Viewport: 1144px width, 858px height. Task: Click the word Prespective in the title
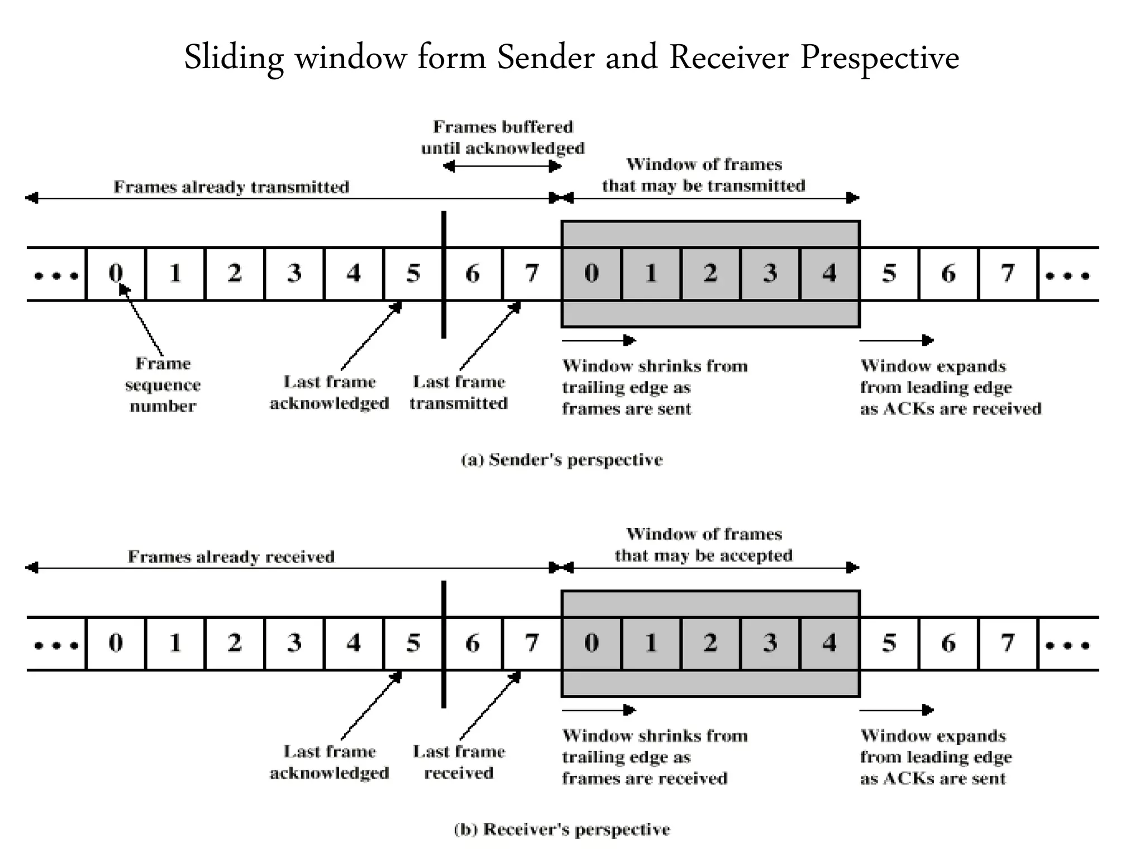pyautogui.click(x=879, y=58)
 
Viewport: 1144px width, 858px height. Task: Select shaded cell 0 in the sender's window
pyautogui.click(x=592, y=274)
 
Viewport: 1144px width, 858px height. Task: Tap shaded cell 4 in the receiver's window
pyautogui.click(x=830, y=643)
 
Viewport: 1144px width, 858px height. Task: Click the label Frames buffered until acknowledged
pyautogui.click(x=503, y=137)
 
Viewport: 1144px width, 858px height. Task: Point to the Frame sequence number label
pyautogui.click(x=163, y=385)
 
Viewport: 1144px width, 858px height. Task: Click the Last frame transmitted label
pyautogui.click(x=459, y=393)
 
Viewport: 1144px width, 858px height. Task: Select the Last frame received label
pyautogui.click(x=459, y=762)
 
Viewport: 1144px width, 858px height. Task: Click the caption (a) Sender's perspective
pyautogui.click(x=562, y=460)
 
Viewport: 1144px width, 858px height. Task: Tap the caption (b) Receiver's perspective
pyautogui.click(x=562, y=830)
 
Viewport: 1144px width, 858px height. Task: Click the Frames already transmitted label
pyautogui.click(x=231, y=187)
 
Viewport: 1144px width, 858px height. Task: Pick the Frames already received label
pyautogui.click(x=231, y=557)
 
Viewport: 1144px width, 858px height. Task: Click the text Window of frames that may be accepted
pyautogui.click(x=703, y=545)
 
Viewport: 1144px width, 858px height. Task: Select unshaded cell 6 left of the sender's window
pyautogui.click(x=473, y=274)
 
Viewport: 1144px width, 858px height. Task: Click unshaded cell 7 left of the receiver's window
pyautogui.click(x=532, y=643)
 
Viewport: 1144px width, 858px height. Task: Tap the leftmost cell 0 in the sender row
pyautogui.click(x=116, y=274)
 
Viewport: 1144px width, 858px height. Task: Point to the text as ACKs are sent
pyautogui.click(x=932, y=779)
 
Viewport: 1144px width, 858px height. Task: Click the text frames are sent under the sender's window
pyautogui.click(x=626, y=409)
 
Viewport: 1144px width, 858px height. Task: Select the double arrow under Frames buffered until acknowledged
pyautogui.click(x=502, y=166)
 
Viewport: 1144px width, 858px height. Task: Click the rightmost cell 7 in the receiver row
pyautogui.click(x=1008, y=643)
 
